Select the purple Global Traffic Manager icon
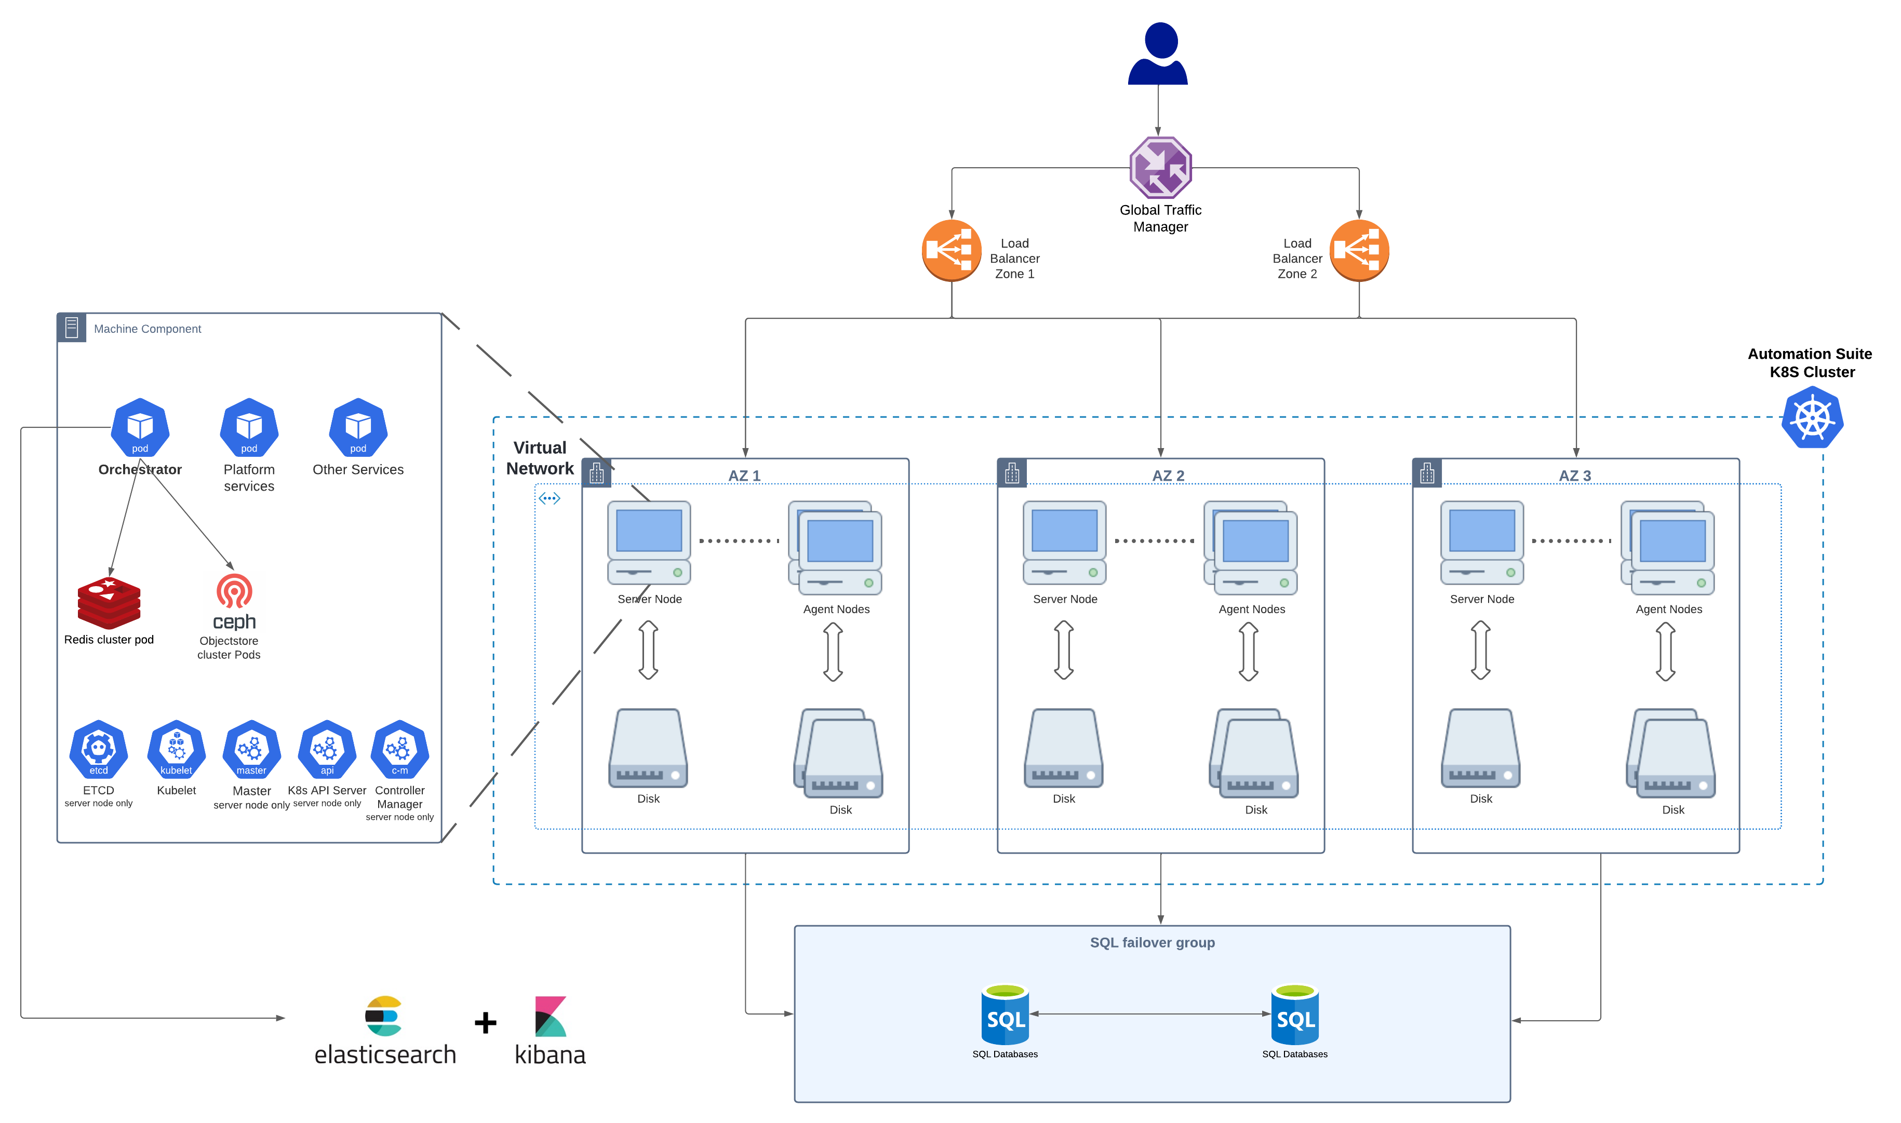[x=1160, y=167]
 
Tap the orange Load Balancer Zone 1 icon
[x=951, y=250]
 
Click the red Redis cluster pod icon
[x=109, y=603]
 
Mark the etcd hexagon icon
[x=98, y=749]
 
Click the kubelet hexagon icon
[x=177, y=749]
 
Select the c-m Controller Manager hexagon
[x=400, y=749]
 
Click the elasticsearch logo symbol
[x=384, y=1016]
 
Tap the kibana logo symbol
[x=551, y=1016]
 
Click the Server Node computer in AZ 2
[x=1064, y=542]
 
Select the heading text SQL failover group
[x=1152, y=942]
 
